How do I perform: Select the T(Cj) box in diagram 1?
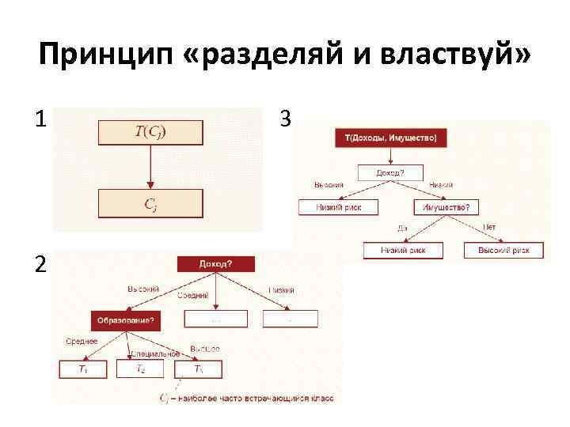(x=150, y=132)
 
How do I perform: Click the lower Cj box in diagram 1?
(x=150, y=203)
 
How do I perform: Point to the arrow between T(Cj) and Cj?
(x=150, y=167)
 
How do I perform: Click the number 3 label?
(x=285, y=119)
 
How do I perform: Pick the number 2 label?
(x=40, y=265)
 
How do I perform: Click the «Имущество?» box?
(x=446, y=207)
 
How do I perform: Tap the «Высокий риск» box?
(x=503, y=251)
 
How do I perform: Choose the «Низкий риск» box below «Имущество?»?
(x=403, y=251)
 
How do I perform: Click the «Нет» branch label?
(x=489, y=227)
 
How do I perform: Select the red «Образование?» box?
(x=125, y=319)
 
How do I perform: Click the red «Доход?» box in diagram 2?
(x=215, y=264)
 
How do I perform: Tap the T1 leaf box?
(x=83, y=369)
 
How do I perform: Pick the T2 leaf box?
(x=140, y=369)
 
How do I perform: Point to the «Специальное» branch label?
(x=150, y=353)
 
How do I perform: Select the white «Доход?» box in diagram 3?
(x=389, y=172)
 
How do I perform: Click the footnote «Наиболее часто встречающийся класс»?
(x=257, y=398)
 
